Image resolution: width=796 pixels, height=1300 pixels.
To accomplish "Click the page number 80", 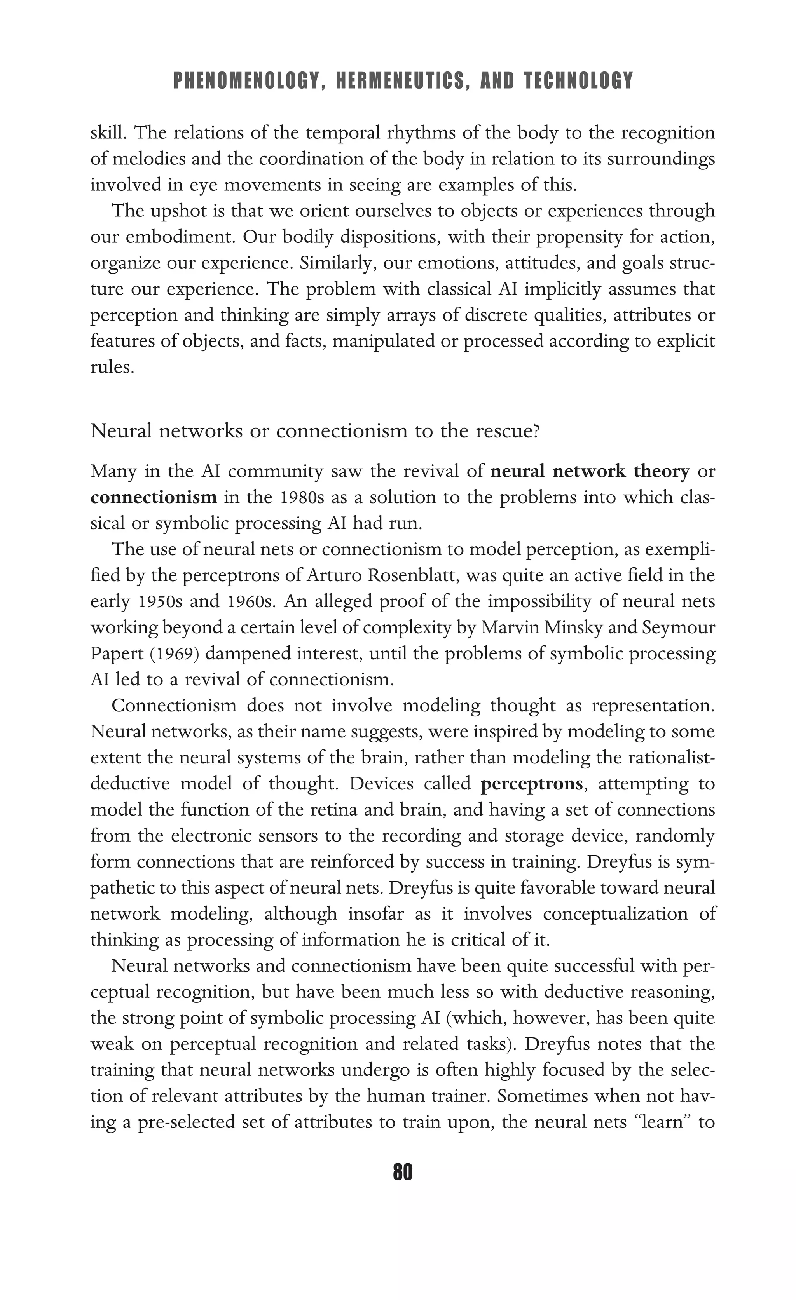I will (x=403, y=1172).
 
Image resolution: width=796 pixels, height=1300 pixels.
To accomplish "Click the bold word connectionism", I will (x=154, y=497).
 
